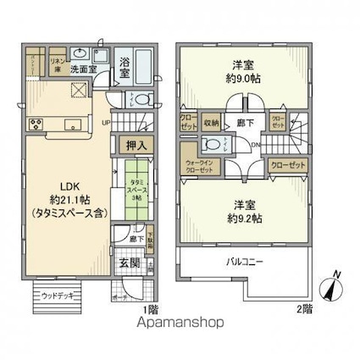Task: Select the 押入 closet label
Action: [135, 147]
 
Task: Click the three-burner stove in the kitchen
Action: [38, 125]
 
